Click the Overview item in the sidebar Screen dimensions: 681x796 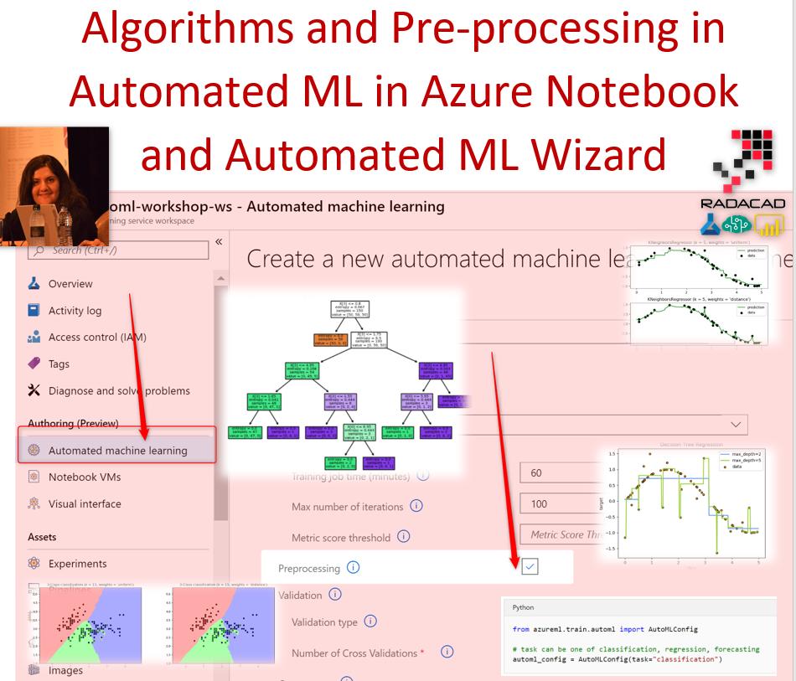coord(70,284)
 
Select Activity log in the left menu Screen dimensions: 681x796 coord(75,311)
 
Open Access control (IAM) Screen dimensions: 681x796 coord(96,338)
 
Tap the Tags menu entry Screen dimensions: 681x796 coord(59,364)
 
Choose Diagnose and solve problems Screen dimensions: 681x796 coord(118,391)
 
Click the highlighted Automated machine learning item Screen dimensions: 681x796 coord(117,451)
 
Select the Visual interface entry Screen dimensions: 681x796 coord(84,504)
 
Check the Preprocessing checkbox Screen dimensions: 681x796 coord(530,568)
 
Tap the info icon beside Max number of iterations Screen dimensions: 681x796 coord(416,506)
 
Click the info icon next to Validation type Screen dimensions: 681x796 coord(370,622)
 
